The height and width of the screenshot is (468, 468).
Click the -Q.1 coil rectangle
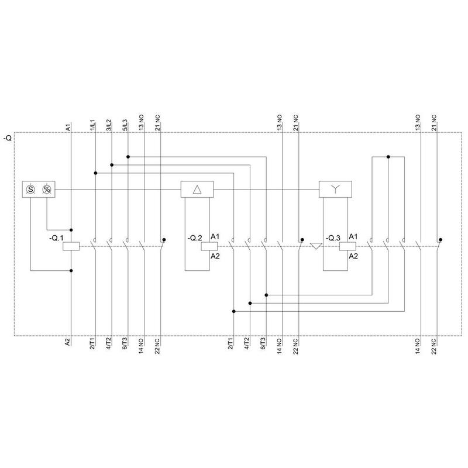[71, 246]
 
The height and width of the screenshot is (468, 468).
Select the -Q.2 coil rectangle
[209, 246]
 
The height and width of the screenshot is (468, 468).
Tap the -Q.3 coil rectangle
[347, 246]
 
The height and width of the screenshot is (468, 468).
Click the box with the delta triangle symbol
[197, 189]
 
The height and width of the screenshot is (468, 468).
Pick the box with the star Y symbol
[335, 189]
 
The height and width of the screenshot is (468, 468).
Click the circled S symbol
[30, 189]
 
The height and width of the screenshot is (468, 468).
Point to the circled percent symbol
[47, 189]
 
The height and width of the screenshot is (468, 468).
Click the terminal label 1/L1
[92, 125]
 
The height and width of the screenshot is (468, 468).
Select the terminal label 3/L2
[109, 125]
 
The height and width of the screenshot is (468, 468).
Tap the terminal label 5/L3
[125, 125]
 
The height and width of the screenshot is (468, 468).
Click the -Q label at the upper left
[8, 138]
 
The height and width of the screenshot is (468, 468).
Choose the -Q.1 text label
[56, 238]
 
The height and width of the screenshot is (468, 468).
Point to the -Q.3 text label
[333, 238]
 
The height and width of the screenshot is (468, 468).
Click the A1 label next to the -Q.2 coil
[215, 237]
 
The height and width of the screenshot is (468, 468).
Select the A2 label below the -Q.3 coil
[353, 256]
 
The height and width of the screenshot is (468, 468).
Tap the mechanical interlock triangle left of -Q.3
[316, 246]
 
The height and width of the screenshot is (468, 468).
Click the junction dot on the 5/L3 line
[128, 157]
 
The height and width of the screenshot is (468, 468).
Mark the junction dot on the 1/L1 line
[95, 173]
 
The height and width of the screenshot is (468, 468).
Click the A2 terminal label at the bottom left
[68, 342]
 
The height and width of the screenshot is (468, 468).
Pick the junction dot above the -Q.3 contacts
[388, 157]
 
